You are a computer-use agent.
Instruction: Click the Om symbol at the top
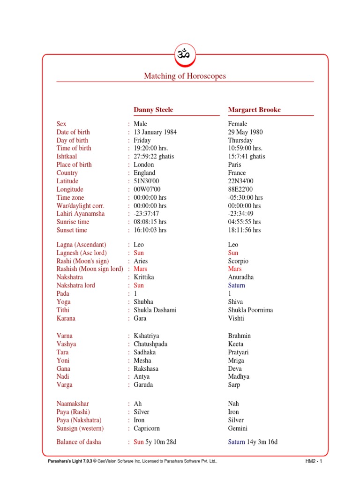pyautogui.click(x=185, y=54)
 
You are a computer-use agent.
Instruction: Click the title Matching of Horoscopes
pyautogui.click(x=185, y=76)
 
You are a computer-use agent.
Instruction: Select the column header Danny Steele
pyautogui.click(x=153, y=110)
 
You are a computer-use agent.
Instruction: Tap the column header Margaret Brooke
pyautogui.click(x=255, y=110)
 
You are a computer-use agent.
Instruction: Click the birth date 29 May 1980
pyautogui.click(x=246, y=132)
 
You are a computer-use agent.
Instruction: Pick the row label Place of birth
pyautogui.click(x=74, y=165)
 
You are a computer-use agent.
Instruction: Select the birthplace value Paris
pyautogui.click(x=235, y=165)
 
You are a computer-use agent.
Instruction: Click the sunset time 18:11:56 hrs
pyautogui.click(x=245, y=230)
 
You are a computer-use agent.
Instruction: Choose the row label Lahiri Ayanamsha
pyautogui.click(x=81, y=214)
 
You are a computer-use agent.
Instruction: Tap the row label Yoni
pyautogui.click(x=63, y=360)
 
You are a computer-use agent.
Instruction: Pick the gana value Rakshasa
pyautogui.click(x=146, y=368)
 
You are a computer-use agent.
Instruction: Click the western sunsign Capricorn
pyautogui.click(x=147, y=428)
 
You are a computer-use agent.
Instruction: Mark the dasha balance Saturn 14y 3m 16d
pyautogui.click(x=253, y=442)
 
